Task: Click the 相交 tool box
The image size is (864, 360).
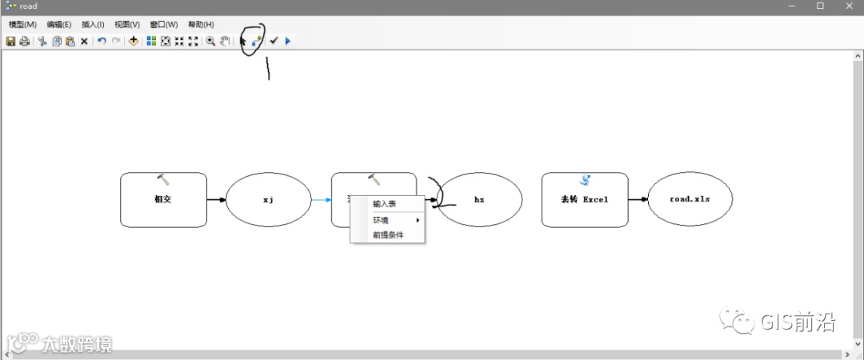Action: tap(163, 199)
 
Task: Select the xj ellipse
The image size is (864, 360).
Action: tap(268, 199)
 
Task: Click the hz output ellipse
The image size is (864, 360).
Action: tap(479, 200)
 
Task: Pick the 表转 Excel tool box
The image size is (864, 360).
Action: tap(584, 199)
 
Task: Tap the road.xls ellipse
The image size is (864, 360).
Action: tap(690, 199)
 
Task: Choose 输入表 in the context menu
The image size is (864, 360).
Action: tap(385, 204)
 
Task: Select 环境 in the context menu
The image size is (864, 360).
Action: tap(382, 220)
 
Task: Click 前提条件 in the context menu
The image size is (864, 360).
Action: tap(388, 235)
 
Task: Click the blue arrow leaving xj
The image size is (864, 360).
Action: tap(320, 200)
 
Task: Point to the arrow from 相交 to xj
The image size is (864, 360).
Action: tap(216, 199)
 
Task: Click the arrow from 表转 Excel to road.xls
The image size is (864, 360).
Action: tap(638, 199)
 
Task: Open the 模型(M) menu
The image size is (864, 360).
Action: tap(22, 25)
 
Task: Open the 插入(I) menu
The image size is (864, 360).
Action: tap(93, 25)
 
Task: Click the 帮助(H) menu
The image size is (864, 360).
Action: tap(201, 25)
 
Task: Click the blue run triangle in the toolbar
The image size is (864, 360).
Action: tap(288, 41)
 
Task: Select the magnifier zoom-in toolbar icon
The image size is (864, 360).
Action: tap(210, 41)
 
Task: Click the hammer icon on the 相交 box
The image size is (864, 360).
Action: tap(163, 180)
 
